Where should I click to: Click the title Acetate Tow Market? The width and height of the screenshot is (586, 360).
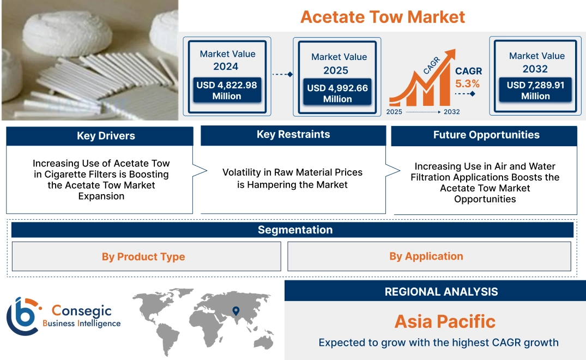coord(382,16)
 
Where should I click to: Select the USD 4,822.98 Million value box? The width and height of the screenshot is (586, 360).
coord(226,90)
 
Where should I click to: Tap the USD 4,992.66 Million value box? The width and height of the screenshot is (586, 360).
coord(337,93)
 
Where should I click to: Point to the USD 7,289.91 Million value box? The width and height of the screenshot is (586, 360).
coord(535,90)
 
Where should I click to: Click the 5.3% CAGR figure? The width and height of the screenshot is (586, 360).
coord(468,83)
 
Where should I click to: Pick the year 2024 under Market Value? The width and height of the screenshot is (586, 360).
coord(226,67)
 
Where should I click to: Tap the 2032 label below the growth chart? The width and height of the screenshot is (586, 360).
coord(451,112)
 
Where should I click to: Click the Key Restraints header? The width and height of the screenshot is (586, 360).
coord(293,135)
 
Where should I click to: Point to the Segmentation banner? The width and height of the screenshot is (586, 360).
coord(295,230)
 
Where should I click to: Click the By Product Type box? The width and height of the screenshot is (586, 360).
coord(143,256)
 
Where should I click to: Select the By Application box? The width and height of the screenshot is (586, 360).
coord(426,256)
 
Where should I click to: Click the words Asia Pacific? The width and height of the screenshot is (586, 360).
coord(445,321)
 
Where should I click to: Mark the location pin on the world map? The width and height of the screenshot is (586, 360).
coord(235,311)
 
